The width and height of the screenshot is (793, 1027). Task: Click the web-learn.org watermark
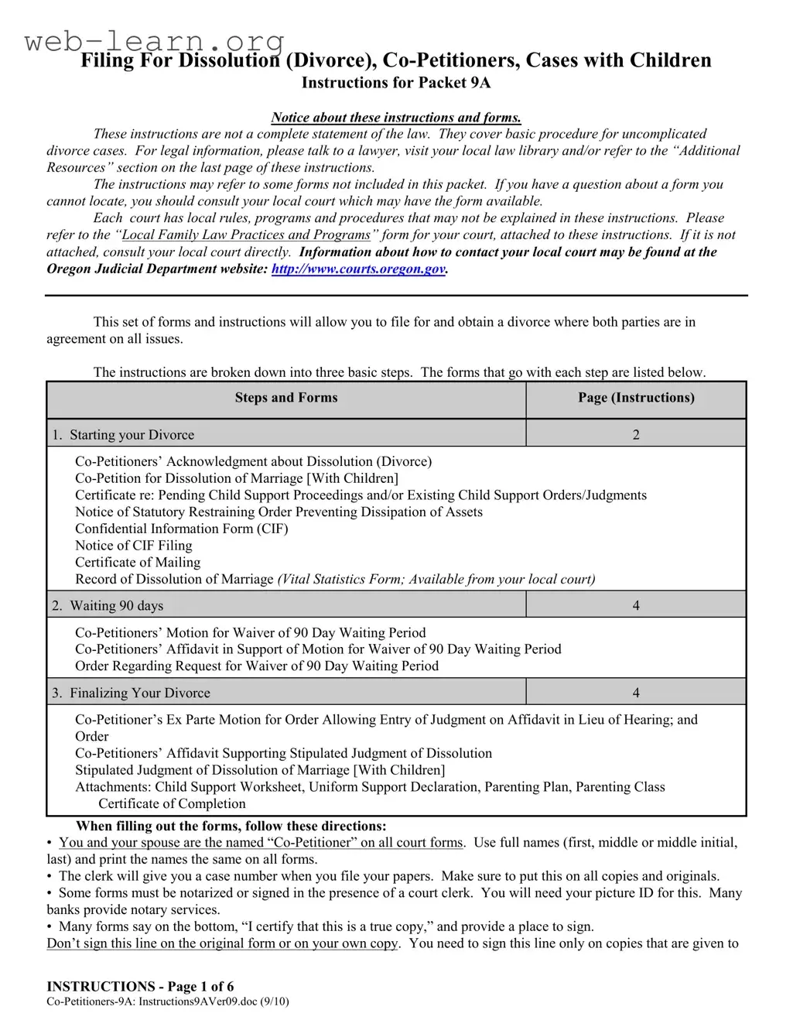[x=155, y=40]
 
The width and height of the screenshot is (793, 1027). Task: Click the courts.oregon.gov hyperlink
[x=358, y=269]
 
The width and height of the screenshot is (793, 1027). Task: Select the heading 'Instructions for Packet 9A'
[x=395, y=83]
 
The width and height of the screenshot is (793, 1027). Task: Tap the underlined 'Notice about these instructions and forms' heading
[x=395, y=118]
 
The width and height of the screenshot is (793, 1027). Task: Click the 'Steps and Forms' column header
[x=286, y=398]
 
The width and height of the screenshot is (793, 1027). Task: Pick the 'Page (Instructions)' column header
[x=636, y=398]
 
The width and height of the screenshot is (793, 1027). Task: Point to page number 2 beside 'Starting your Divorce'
[x=636, y=435]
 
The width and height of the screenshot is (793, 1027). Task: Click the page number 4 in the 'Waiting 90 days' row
[x=636, y=606]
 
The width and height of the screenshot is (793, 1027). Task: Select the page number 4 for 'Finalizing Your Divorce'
[x=636, y=693]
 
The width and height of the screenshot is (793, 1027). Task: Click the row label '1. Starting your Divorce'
[x=124, y=435]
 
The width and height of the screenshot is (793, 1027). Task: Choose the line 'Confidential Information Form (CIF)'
[x=181, y=529]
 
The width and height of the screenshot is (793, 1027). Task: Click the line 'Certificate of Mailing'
[x=138, y=563]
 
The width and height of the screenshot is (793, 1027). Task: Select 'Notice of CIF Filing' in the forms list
[x=133, y=546]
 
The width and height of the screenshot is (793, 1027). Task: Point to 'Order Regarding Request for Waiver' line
[x=256, y=666]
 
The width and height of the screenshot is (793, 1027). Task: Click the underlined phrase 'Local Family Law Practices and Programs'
[x=246, y=235]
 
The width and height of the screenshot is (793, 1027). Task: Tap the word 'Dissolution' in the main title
[x=228, y=60]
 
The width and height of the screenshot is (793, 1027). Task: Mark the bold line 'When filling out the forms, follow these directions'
[x=231, y=827]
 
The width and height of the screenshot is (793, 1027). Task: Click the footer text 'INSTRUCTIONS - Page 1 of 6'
[x=140, y=987]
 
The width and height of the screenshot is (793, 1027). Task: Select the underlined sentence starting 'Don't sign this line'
[x=222, y=943]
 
